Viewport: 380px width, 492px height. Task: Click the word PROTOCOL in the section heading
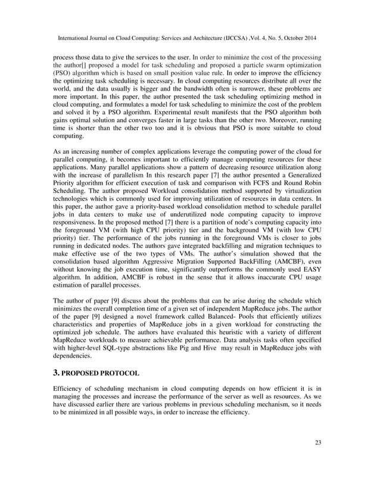[x=117, y=373]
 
